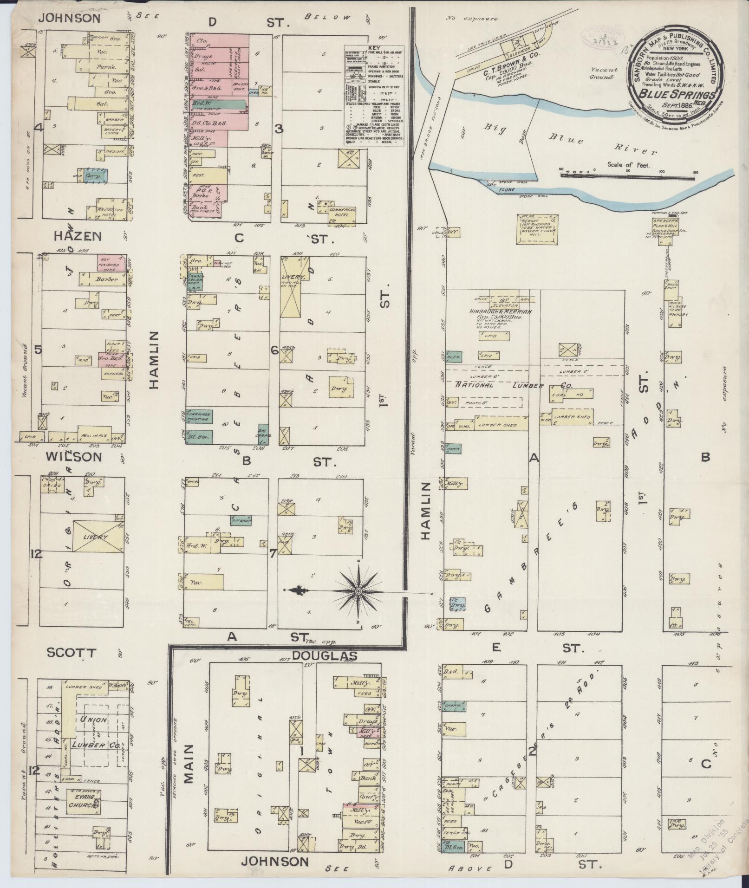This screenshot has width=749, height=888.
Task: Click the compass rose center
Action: click(358, 592)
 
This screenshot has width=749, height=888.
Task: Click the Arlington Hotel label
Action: click(110, 212)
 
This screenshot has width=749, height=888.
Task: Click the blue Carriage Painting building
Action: click(200, 416)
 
